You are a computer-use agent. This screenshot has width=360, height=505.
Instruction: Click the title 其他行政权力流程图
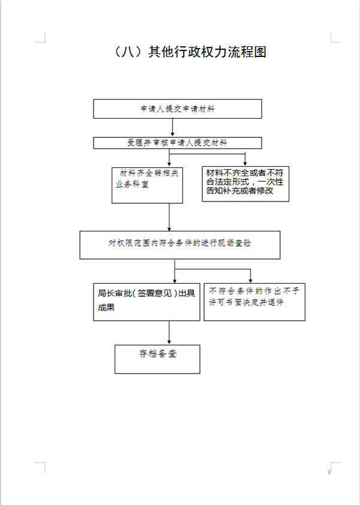click(207, 52)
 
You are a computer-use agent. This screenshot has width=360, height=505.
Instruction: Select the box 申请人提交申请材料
click(178, 109)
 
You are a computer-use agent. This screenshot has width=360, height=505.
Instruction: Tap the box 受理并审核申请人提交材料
click(178, 143)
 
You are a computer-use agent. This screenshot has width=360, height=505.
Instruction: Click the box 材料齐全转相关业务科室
click(147, 185)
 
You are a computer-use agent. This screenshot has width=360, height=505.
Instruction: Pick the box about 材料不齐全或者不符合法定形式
click(245, 184)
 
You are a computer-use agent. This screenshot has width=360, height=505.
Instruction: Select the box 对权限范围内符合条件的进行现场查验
click(180, 245)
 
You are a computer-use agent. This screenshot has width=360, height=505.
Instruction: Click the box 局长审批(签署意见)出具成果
click(146, 302)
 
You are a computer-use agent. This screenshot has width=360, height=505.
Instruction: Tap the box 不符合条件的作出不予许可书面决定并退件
click(254, 302)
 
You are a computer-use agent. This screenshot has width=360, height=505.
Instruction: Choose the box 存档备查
click(157, 359)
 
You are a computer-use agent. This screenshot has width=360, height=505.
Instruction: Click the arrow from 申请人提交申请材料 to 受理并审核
click(172, 127)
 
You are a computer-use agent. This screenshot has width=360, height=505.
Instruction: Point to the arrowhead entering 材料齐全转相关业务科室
click(169, 164)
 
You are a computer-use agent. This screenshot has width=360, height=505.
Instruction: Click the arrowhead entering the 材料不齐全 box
click(245, 164)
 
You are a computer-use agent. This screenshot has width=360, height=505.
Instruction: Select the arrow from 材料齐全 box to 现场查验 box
click(169, 217)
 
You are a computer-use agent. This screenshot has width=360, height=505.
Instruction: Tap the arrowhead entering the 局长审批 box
click(175, 281)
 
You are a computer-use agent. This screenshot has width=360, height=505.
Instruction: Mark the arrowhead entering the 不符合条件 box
click(250, 281)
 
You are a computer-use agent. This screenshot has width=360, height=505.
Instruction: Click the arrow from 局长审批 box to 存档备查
click(169, 333)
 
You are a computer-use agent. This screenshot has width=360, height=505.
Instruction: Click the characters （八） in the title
click(129, 52)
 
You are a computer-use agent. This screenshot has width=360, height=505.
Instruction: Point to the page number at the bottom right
click(329, 472)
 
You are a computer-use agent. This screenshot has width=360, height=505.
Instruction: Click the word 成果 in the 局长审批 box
click(106, 308)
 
